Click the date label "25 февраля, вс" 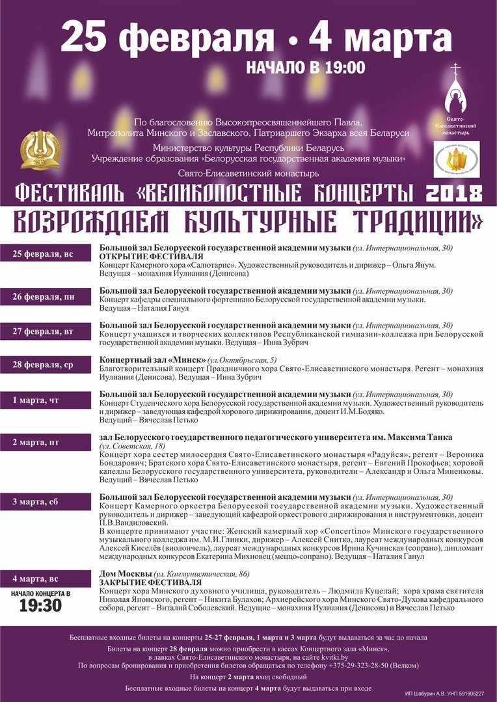pos(44,254)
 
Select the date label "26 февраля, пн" pos(44,297)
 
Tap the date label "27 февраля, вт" pos(44,331)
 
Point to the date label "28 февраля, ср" pos(44,365)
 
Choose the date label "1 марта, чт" pos(36,400)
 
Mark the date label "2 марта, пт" pos(36,443)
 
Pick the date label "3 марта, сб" pos(36,502)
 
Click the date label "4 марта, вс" pos(36,578)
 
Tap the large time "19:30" pos(40,605)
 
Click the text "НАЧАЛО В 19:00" pos(306,67)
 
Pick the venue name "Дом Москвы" pos(125,574)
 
